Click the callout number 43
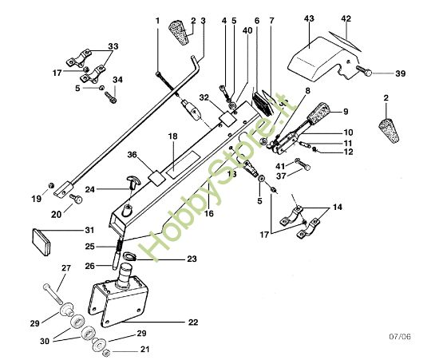coord(309,18)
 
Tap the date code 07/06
coord(405,338)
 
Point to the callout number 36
coord(132,155)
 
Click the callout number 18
coord(172,137)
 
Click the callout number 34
coord(118,80)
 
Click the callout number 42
coord(346,18)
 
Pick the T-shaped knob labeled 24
coord(131,185)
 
